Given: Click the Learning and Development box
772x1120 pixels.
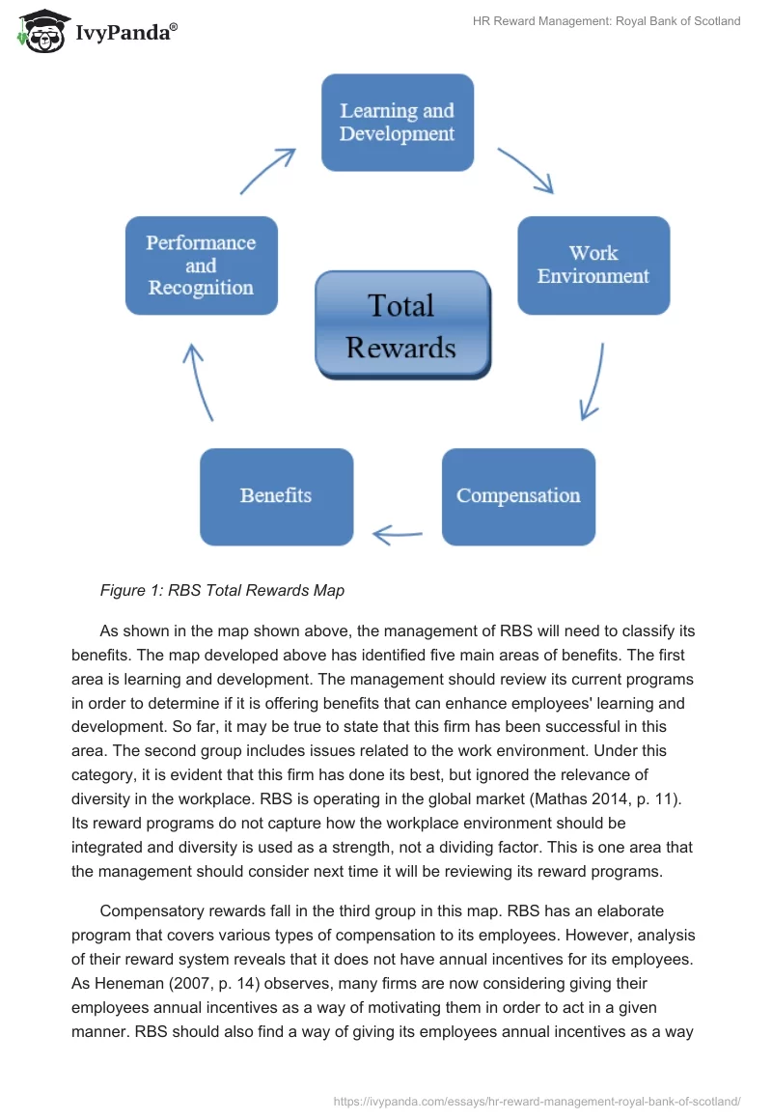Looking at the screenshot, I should coord(397,123).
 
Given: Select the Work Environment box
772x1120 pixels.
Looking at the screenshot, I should coord(593,265).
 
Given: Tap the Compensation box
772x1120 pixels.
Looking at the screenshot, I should coord(518,496).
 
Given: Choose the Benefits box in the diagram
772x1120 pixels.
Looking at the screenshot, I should coord(276,496).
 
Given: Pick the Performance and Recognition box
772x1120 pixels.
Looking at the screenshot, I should coord(201,266).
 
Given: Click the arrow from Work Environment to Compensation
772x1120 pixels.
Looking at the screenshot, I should coord(593,381).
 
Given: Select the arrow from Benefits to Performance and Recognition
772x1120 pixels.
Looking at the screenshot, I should coord(200,380).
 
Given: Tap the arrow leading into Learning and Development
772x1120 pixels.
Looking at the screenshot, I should coord(267,171).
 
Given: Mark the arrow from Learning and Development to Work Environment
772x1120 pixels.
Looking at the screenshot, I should coord(525,171).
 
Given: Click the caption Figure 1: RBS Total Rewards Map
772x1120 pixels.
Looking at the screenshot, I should coord(222,590).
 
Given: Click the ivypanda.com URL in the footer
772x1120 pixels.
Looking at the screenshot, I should coord(537,1100).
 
